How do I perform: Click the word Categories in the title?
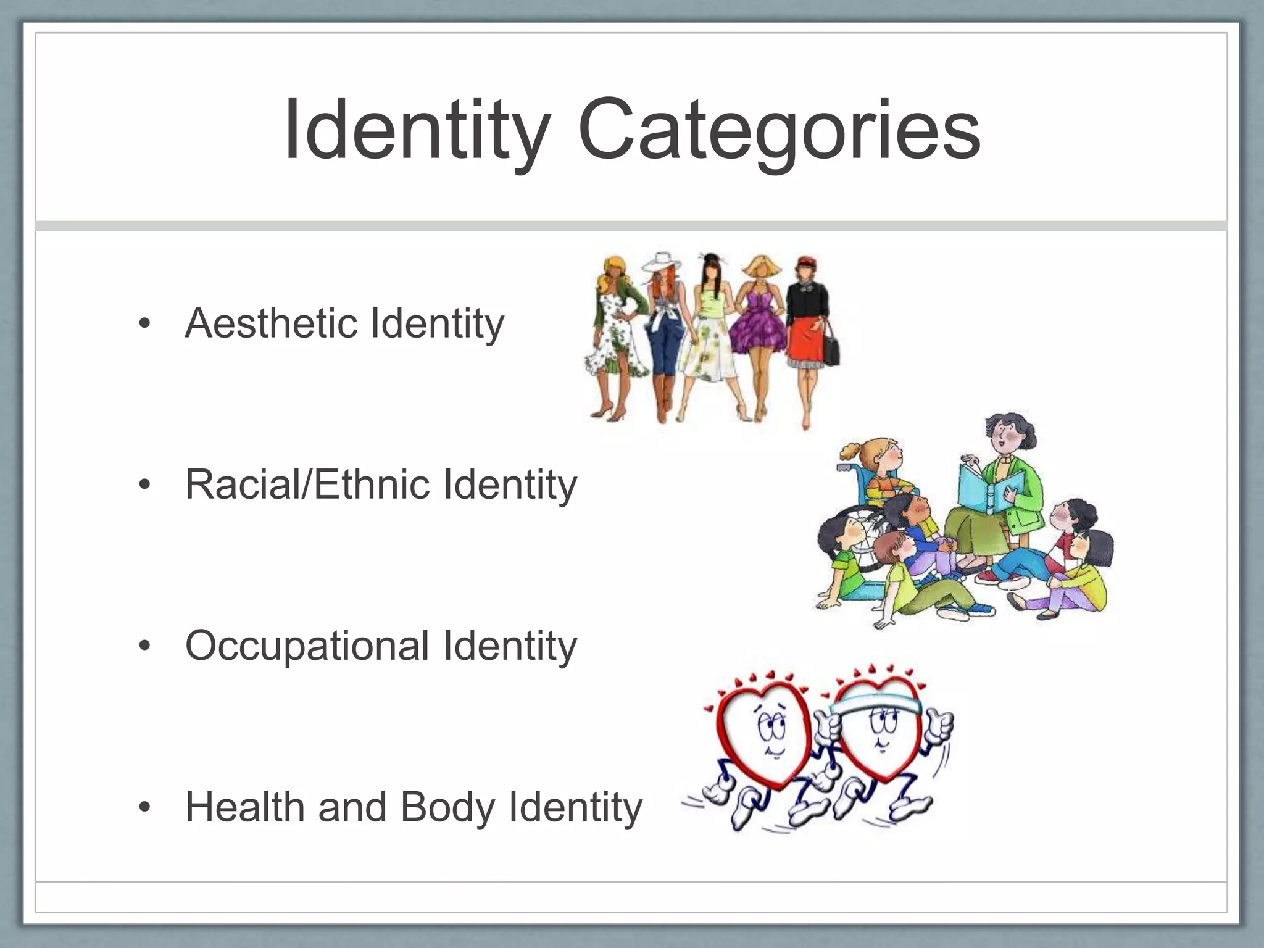pos(779,131)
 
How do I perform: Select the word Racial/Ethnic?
pos(307,484)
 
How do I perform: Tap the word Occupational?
pos(307,646)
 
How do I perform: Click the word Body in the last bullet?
pos(447,809)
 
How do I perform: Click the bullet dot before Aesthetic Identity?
pos(145,325)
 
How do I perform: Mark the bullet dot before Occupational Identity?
pos(145,647)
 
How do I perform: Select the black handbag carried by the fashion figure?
pos(831,352)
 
